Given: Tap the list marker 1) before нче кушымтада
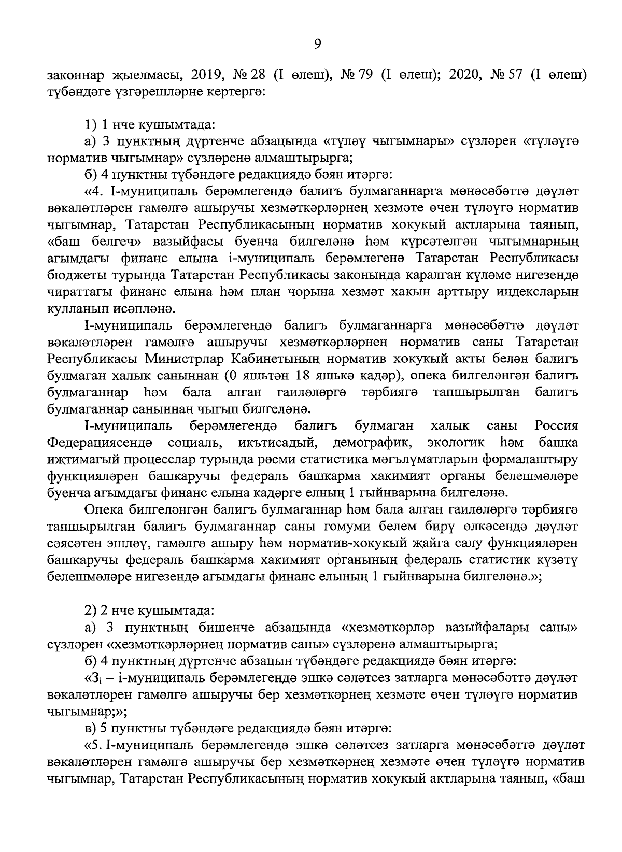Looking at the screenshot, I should pos(90,125).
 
